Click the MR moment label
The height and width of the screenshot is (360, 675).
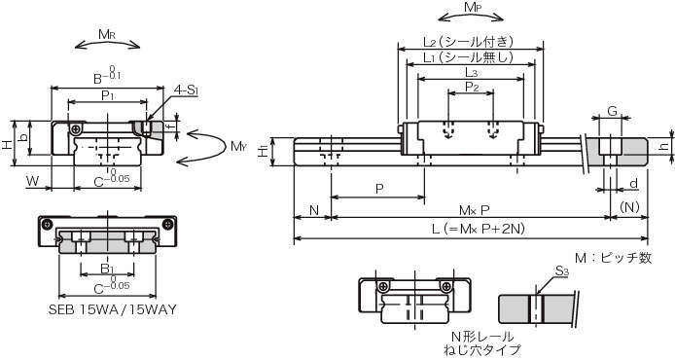tap(107, 35)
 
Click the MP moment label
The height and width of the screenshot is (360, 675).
tap(472, 8)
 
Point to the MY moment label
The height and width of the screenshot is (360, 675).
tap(239, 146)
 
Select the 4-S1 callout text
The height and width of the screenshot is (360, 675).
tap(186, 90)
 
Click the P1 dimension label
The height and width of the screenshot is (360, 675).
tap(108, 95)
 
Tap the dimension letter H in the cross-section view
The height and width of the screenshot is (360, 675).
tap(7, 144)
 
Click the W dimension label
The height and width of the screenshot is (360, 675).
tap(33, 181)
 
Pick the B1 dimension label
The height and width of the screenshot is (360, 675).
tap(107, 270)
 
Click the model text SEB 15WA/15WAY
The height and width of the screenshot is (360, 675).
tap(113, 309)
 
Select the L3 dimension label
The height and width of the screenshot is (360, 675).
tap(472, 72)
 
